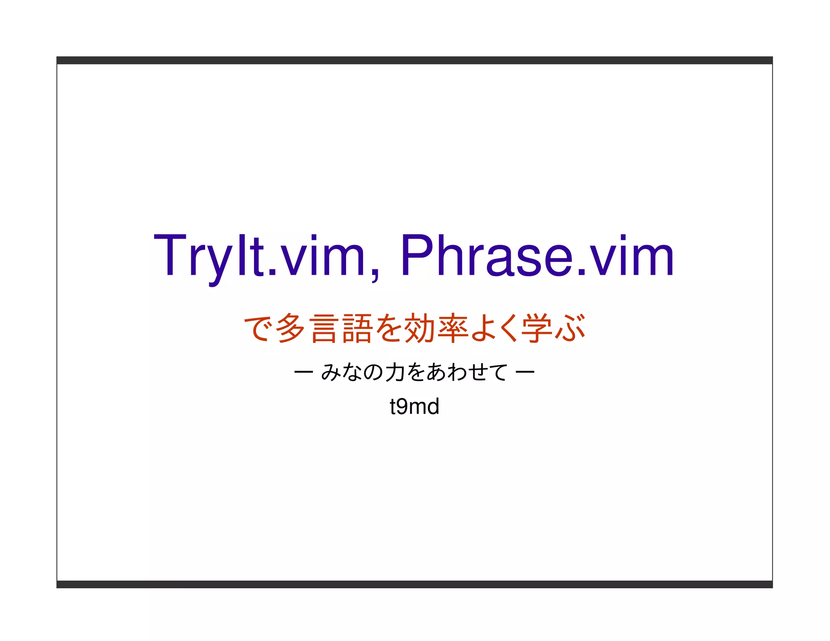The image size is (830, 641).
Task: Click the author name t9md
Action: click(414, 406)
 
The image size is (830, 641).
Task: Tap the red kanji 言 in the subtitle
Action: click(324, 328)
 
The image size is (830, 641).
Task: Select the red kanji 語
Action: click(357, 328)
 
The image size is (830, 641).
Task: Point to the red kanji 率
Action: click(454, 328)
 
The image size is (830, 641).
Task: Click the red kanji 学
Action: click(537, 328)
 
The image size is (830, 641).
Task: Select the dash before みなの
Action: click(303, 372)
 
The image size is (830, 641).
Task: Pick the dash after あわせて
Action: click(525, 372)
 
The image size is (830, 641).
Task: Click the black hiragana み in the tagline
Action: click(330, 372)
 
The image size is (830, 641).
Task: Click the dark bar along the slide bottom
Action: click(414, 584)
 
